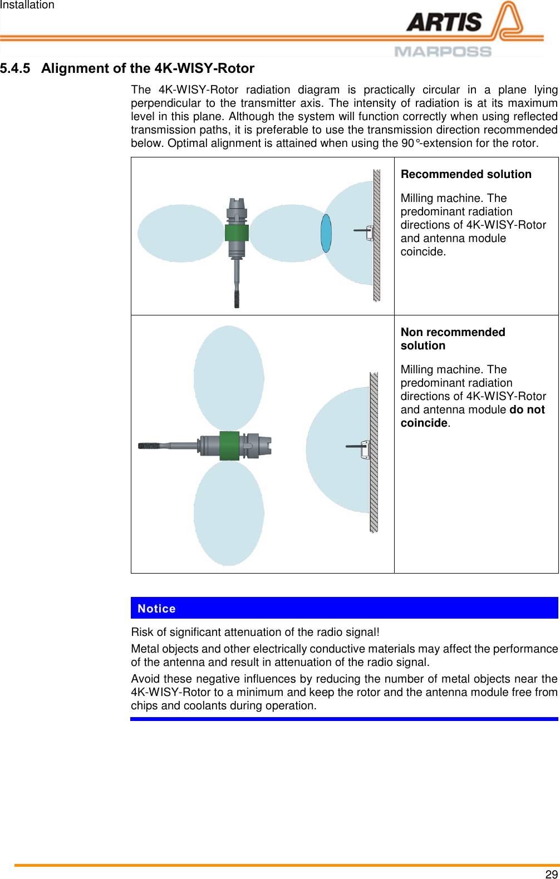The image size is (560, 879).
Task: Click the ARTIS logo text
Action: click(x=444, y=23)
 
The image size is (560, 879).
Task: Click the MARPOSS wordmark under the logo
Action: click(x=443, y=52)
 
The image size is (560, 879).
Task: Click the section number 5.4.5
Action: click(x=15, y=68)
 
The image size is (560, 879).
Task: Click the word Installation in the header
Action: click(x=27, y=5)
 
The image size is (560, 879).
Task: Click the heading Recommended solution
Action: click(x=466, y=174)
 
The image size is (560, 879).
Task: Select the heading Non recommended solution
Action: click(x=453, y=338)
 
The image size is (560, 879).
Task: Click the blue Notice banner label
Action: click(x=156, y=609)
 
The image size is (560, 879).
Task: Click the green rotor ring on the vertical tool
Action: click(x=237, y=233)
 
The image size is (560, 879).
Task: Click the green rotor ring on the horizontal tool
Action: click(x=229, y=446)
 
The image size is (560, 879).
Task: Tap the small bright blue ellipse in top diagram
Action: click(x=326, y=233)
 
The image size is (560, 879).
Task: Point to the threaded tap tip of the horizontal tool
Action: click(x=149, y=446)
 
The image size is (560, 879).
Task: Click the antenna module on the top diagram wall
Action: click(x=369, y=233)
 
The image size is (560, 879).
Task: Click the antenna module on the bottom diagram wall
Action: click(x=364, y=449)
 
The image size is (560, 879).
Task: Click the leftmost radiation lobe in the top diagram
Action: click(x=180, y=233)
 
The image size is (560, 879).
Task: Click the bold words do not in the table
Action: click(x=527, y=410)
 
